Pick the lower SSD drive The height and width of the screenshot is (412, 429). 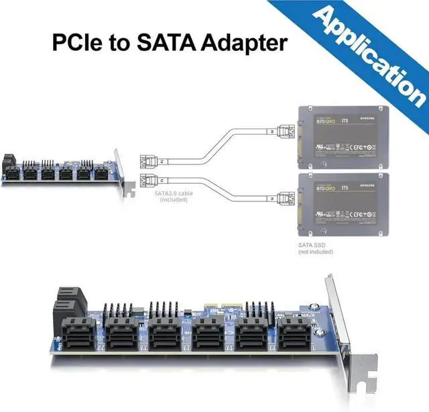click(x=343, y=205)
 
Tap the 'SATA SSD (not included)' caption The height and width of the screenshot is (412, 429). click(x=315, y=248)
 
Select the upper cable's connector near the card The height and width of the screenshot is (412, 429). click(x=148, y=162)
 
